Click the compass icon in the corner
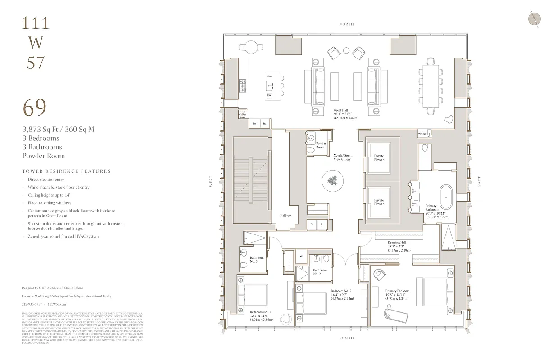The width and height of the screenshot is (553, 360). point(534,18)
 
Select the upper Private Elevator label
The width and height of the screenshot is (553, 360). point(379,158)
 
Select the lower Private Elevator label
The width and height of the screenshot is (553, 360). point(379,202)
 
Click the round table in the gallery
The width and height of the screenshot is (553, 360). point(334,181)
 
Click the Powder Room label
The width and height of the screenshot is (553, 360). point(321,145)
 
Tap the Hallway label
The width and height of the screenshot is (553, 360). point(285,216)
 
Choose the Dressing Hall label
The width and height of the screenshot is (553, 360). point(397,245)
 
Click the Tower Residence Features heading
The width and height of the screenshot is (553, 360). point(66,171)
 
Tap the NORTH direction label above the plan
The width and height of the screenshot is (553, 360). point(346,24)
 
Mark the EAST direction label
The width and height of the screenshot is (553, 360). point(479,181)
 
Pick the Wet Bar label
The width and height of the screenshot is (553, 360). point(422,134)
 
